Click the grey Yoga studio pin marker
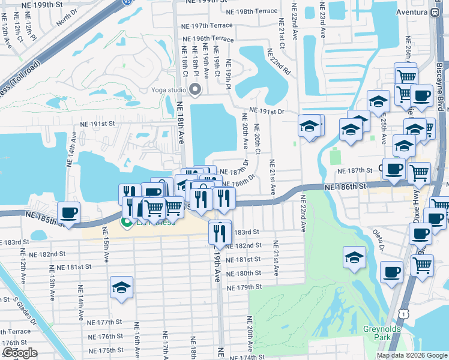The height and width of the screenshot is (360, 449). pyautogui.click(x=194, y=90)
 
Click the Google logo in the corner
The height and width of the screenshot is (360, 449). pyautogui.click(x=19, y=353)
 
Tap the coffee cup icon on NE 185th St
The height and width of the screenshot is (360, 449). pyautogui.click(x=69, y=213)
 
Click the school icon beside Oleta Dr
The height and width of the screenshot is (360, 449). pyautogui.click(x=355, y=257)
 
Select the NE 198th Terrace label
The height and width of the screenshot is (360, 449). pyautogui.click(x=252, y=11)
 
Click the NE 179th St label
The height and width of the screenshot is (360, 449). pyautogui.click(x=245, y=287)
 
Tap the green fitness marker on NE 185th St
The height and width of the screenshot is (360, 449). pyautogui.click(x=127, y=223)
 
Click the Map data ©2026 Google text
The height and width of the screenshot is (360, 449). pyautogui.click(x=411, y=355)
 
